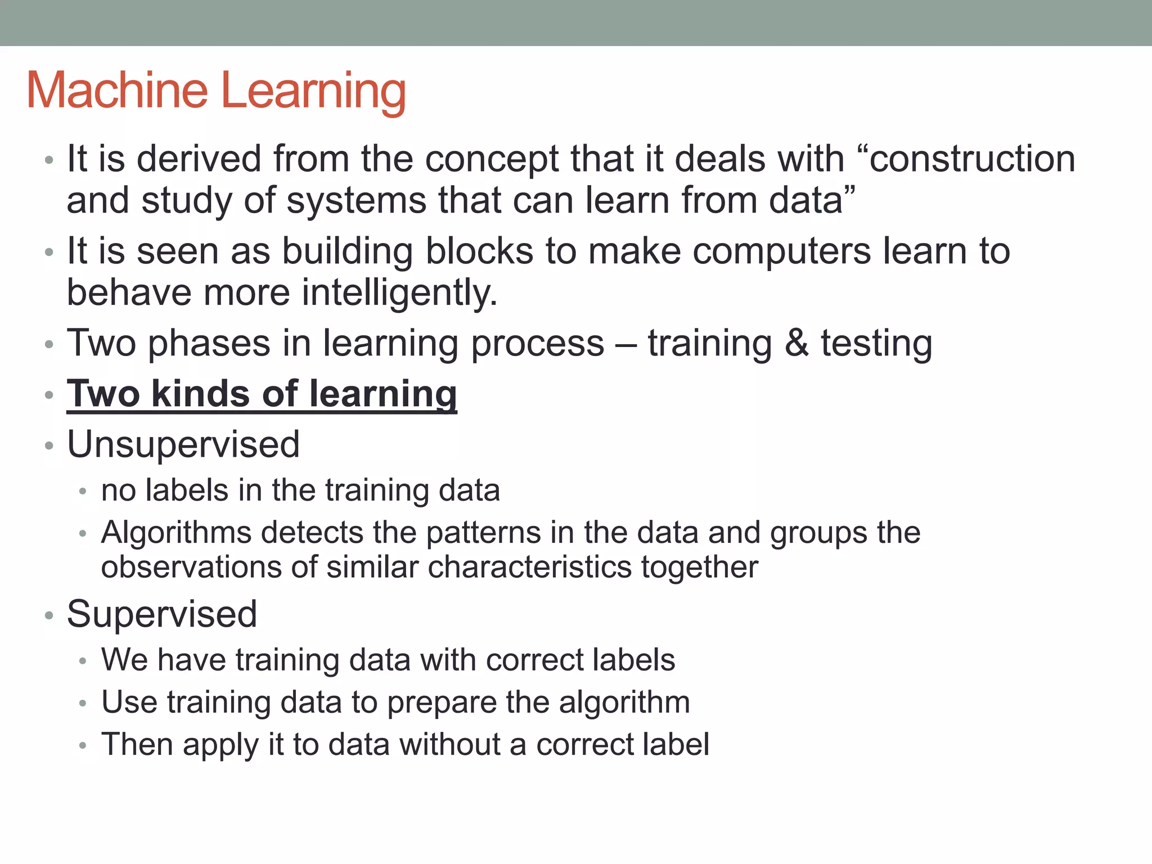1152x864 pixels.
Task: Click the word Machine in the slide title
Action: [117, 91]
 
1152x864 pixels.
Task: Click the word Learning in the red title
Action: [313, 92]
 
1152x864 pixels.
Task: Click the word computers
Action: [782, 252]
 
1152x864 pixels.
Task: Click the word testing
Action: [876, 344]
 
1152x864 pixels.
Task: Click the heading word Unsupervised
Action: [183, 445]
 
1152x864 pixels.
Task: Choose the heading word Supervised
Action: [162, 614]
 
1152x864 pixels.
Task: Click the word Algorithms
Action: [176, 533]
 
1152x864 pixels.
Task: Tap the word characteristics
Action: [529, 567]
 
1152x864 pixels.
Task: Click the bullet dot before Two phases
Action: [49, 344]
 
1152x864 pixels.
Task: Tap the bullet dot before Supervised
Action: [49, 615]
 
